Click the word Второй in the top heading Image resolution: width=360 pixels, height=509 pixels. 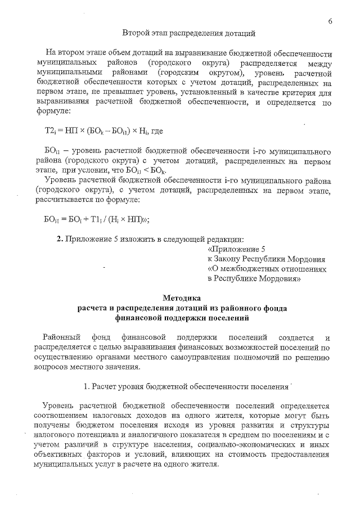point(134,33)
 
